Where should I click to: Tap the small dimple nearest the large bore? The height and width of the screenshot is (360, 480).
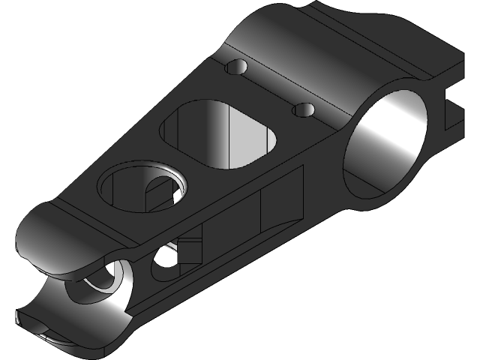click(x=303, y=110)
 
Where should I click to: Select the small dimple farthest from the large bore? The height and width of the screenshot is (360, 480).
click(x=237, y=67)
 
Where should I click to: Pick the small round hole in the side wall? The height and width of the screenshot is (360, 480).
click(x=163, y=262)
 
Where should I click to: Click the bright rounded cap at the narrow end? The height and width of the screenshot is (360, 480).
click(x=56, y=240)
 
